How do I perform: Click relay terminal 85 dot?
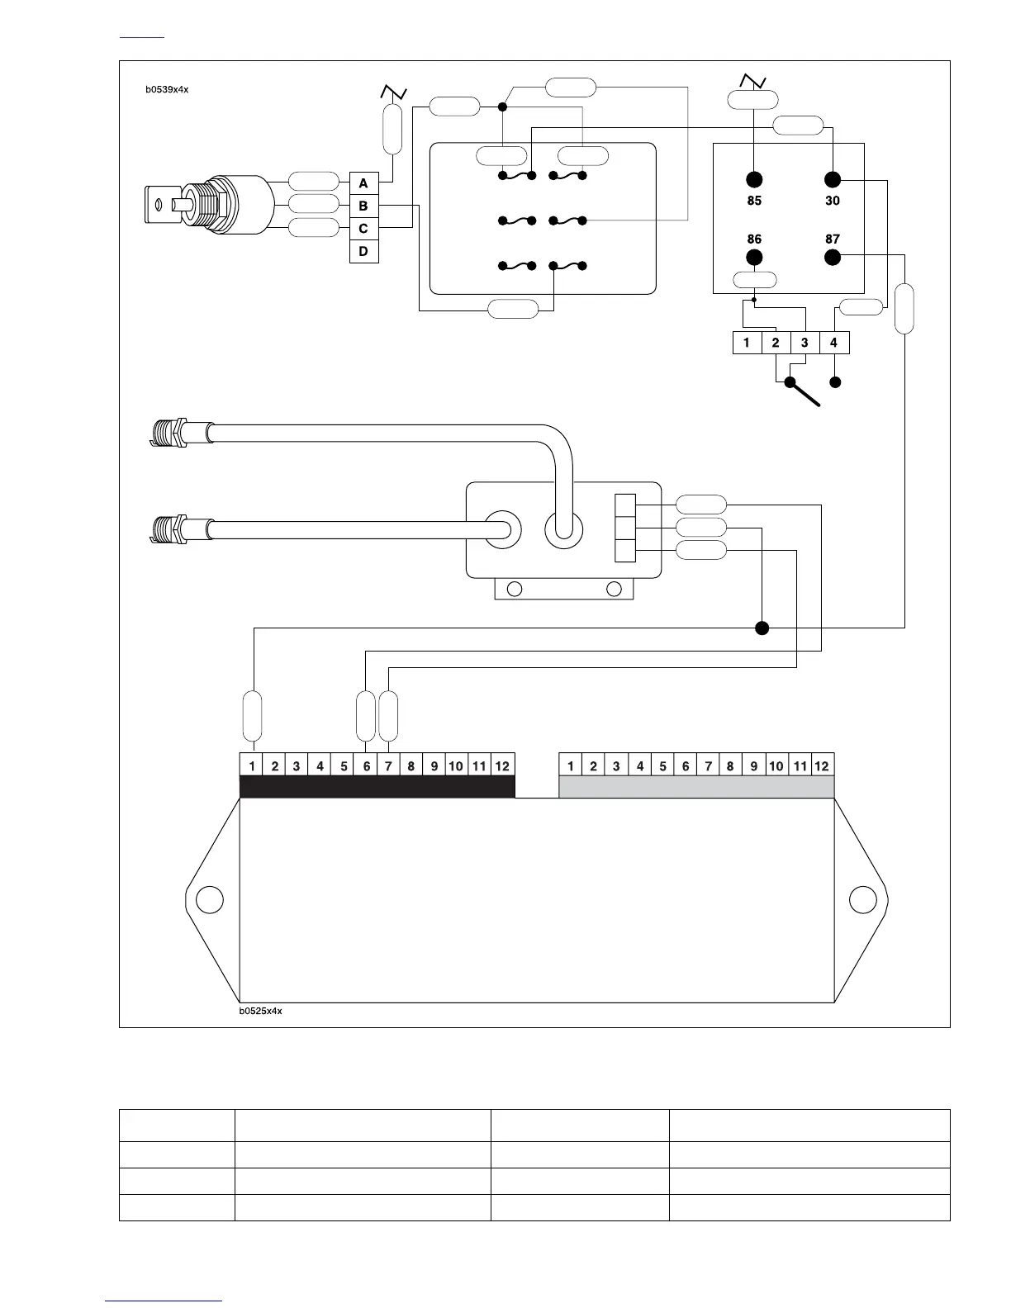[x=754, y=180]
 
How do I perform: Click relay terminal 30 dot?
[x=833, y=180]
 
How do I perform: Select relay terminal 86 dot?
[x=754, y=257]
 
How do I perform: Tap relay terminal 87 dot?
[x=833, y=257]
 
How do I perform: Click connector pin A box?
[x=363, y=183]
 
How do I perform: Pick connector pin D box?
[x=363, y=251]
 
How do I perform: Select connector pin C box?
[x=363, y=229]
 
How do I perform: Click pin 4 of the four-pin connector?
[x=833, y=343]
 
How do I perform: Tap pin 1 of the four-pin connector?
[x=747, y=343]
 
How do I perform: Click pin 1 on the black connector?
[x=252, y=765]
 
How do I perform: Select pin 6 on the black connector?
[x=367, y=765]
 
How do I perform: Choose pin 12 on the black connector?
[x=502, y=765]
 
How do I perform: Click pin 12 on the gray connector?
[x=822, y=765]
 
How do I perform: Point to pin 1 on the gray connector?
[x=571, y=765]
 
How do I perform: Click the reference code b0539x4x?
[x=168, y=89]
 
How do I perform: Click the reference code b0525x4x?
[x=261, y=1011]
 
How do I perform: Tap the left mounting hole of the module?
[x=210, y=899]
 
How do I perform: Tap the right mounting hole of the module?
[x=862, y=899]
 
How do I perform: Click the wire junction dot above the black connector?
[x=762, y=628]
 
